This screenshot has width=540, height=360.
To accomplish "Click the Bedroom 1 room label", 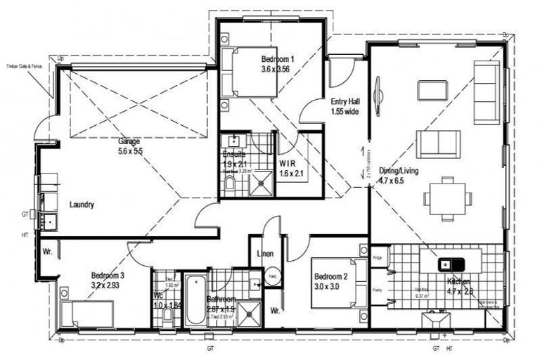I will coord(277,59).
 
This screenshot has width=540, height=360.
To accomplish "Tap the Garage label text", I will coord(129,141).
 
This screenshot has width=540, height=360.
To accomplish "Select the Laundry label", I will coord(82,205).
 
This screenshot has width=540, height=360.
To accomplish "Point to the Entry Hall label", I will coord(345,102).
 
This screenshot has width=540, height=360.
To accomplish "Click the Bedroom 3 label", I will coord(108,276).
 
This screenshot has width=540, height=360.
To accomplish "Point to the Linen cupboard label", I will coord(264,254).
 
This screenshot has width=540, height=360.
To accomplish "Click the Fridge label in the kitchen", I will coord(377,257).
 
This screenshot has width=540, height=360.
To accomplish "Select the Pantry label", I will coord(377,288).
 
